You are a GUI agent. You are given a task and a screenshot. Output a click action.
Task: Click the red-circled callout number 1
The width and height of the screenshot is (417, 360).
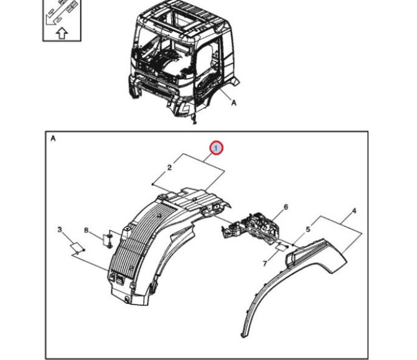(x=216, y=148)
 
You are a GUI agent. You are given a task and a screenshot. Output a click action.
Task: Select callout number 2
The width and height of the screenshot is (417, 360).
(x=169, y=168)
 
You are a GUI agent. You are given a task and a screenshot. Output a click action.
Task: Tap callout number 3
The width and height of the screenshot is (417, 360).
(x=60, y=229)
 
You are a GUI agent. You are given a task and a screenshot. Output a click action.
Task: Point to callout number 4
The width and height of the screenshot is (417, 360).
(x=354, y=211)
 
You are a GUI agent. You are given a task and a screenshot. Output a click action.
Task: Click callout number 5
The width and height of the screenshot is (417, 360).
(x=308, y=229)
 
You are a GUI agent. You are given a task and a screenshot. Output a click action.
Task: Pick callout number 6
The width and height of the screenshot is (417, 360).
(x=286, y=207)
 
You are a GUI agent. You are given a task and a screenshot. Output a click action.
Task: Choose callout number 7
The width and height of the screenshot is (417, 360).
(x=265, y=263)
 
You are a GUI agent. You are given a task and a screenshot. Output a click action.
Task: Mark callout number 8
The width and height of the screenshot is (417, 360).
(x=86, y=230)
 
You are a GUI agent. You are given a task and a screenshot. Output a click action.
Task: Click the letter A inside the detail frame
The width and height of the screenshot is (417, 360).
(x=53, y=139)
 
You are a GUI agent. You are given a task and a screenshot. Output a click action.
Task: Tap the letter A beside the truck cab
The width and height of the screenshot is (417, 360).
(x=233, y=102)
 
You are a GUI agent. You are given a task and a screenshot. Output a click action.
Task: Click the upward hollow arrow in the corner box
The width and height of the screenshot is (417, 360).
(x=62, y=34)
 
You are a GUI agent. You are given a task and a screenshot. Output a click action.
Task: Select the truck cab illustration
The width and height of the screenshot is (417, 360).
(x=184, y=61)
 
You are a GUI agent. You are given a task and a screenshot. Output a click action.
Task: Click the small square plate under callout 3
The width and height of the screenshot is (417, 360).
(x=76, y=247)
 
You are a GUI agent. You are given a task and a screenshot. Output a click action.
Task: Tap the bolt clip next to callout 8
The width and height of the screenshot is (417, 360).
(x=110, y=240)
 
